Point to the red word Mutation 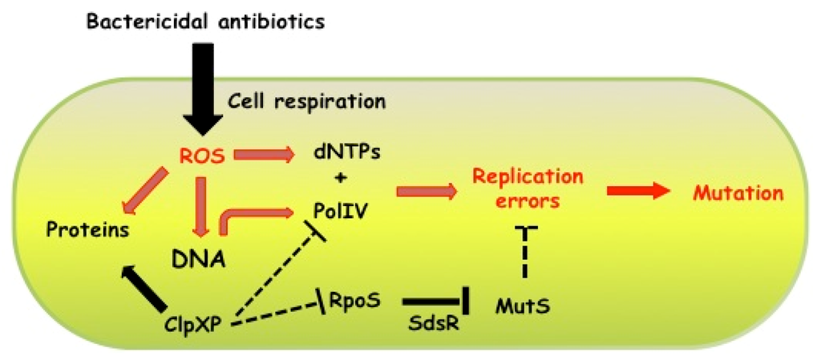[737, 192]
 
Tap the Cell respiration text [306, 101]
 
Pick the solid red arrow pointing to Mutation [637, 192]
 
